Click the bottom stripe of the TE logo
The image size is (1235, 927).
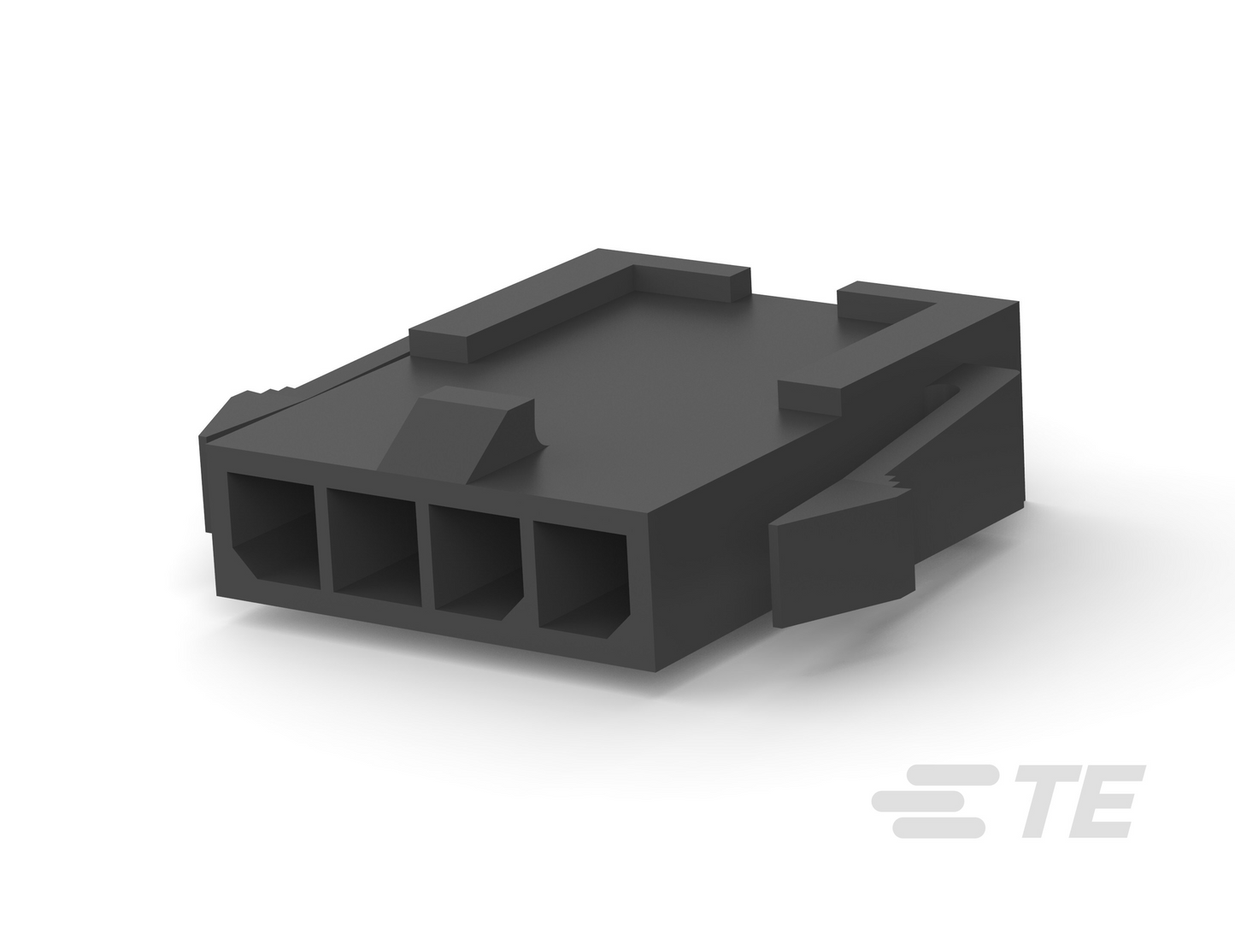(938, 828)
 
